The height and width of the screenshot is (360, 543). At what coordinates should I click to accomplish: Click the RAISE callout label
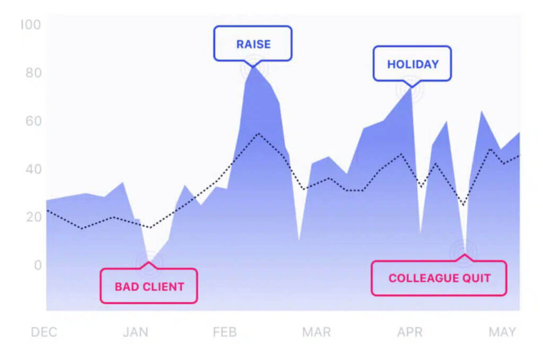coord(253,43)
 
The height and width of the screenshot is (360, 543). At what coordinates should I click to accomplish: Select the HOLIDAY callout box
coord(412,64)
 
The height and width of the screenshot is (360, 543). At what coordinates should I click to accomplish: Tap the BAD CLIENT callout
coord(149,286)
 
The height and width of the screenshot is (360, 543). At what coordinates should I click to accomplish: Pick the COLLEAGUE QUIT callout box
coord(439,278)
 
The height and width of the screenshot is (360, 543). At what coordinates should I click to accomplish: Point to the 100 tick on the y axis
coord(31,24)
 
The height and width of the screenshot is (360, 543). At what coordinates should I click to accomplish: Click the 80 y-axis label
coord(33,73)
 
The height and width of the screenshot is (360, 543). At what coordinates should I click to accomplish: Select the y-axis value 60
coord(33,121)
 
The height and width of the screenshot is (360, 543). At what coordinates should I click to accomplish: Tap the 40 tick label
coord(33,169)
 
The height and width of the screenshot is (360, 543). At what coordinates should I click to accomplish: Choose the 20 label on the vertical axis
coord(33,217)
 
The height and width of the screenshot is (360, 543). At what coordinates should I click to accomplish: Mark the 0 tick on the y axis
coord(38,265)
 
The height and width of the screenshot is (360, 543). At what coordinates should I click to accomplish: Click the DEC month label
coord(44,332)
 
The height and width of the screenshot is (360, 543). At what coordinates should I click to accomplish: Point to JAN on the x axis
coord(135,332)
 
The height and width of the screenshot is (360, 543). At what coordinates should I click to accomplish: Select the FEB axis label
coord(225,332)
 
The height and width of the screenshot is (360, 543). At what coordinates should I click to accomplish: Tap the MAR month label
coord(317,332)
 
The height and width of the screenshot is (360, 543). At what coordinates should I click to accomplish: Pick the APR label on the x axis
coord(410,332)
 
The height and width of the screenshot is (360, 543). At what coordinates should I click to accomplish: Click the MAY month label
coord(502,332)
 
